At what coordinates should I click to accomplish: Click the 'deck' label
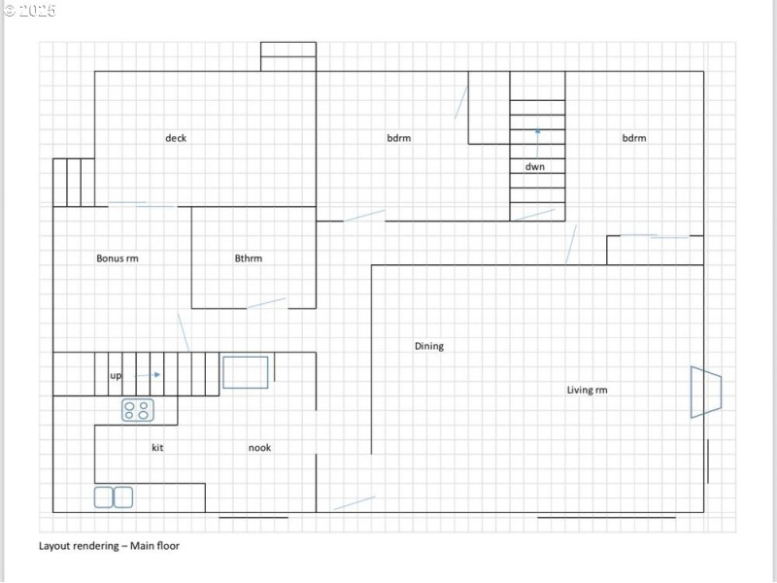(176, 138)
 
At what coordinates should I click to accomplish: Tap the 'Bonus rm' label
(118, 258)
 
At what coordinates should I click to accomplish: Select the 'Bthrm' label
(249, 258)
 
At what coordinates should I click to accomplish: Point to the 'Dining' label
(429, 346)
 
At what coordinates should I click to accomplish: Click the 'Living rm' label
(588, 390)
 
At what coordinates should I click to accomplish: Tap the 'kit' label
(157, 448)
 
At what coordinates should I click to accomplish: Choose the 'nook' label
(259, 448)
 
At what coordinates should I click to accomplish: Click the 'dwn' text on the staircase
(535, 166)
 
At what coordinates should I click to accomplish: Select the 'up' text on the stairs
(116, 376)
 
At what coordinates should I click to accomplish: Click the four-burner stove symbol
(138, 410)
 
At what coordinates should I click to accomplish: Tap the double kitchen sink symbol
(114, 497)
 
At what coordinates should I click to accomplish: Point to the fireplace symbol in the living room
(706, 393)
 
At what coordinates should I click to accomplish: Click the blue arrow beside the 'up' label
(148, 375)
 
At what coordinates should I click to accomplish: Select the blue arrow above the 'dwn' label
(538, 143)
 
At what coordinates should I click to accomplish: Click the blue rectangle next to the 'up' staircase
(246, 372)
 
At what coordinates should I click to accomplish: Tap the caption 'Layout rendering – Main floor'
(109, 546)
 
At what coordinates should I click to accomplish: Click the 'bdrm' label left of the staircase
(399, 138)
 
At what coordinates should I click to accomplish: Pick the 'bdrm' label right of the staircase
(634, 138)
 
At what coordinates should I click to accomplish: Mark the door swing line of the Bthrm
(266, 303)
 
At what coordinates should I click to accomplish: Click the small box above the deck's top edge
(288, 56)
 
